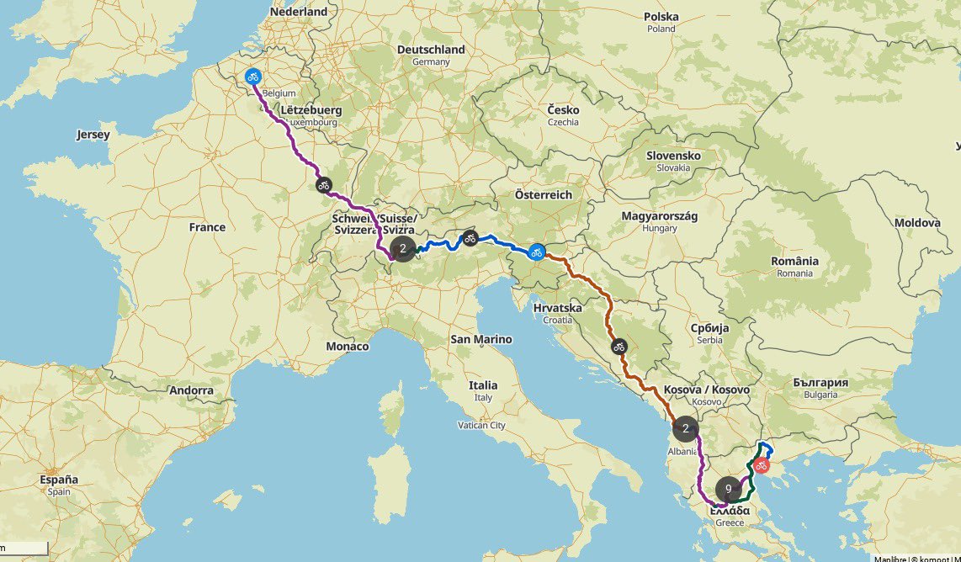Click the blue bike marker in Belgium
(252, 77)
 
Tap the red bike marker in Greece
(761, 465)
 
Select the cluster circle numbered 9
(729, 489)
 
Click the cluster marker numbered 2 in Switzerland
(403, 248)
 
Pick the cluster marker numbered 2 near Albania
(686, 429)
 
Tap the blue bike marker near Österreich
(537, 252)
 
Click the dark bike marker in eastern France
(322, 184)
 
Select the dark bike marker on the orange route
(619, 346)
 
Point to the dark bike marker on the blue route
(470, 238)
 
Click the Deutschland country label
(431, 50)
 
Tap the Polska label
(661, 17)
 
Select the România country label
(794, 261)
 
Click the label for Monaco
(348, 347)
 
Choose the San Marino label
(481, 340)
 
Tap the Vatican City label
(482, 426)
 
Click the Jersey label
(93, 135)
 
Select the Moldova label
(916, 223)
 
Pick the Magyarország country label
(660, 216)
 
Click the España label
(59, 480)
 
